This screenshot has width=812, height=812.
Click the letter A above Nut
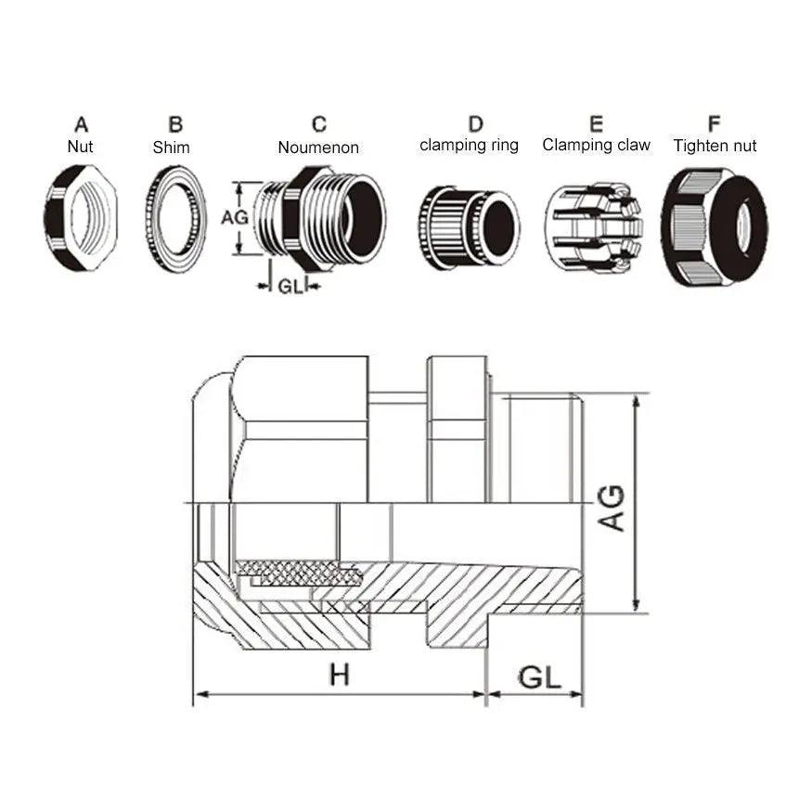[x=82, y=124]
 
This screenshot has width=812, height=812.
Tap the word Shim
[x=171, y=148]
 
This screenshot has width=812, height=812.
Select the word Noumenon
[x=318, y=148]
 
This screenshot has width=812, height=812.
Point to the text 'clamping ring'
[x=469, y=146]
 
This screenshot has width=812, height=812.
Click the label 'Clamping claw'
[x=596, y=145]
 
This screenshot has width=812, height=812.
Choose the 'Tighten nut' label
[x=715, y=146]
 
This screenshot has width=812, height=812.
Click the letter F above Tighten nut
[x=715, y=124]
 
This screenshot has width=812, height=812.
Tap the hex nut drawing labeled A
[x=81, y=218]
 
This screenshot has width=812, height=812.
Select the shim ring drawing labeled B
[x=175, y=219]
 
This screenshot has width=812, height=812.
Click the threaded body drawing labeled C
[x=321, y=218]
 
